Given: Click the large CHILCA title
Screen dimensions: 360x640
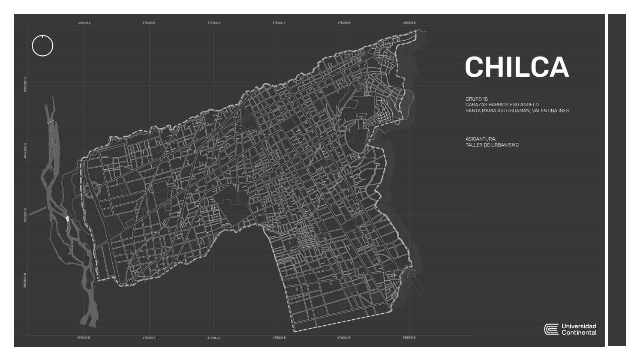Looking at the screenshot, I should point(517,67).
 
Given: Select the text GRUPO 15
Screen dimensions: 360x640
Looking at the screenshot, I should point(476,99).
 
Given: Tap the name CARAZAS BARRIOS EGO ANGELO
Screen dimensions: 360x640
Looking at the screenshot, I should point(502,105).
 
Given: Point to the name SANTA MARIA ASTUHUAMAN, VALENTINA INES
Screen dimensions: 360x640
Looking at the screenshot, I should point(517,111).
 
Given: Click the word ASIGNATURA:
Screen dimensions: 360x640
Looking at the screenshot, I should point(481,139).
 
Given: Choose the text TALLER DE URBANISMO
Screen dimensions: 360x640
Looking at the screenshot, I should point(492,145).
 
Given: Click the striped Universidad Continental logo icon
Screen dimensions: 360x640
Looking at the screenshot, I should point(551,329).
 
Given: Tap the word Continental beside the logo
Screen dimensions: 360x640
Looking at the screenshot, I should point(579,333).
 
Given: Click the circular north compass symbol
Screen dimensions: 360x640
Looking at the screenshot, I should point(42,45).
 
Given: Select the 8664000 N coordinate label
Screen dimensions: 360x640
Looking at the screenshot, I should point(25,150).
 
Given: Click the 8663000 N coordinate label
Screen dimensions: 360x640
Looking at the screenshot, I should point(25,216).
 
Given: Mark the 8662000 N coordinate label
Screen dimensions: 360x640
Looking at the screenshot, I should point(25,280).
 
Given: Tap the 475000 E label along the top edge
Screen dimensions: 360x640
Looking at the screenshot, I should point(84,23).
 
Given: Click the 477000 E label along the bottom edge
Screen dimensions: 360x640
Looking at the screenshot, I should point(213,338).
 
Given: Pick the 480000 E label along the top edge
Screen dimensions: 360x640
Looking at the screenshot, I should point(409,23).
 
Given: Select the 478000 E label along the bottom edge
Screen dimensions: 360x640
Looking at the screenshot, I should point(279,338).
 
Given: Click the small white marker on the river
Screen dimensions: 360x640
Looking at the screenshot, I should point(67,219).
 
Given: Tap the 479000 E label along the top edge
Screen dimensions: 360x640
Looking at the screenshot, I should point(344,23).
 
